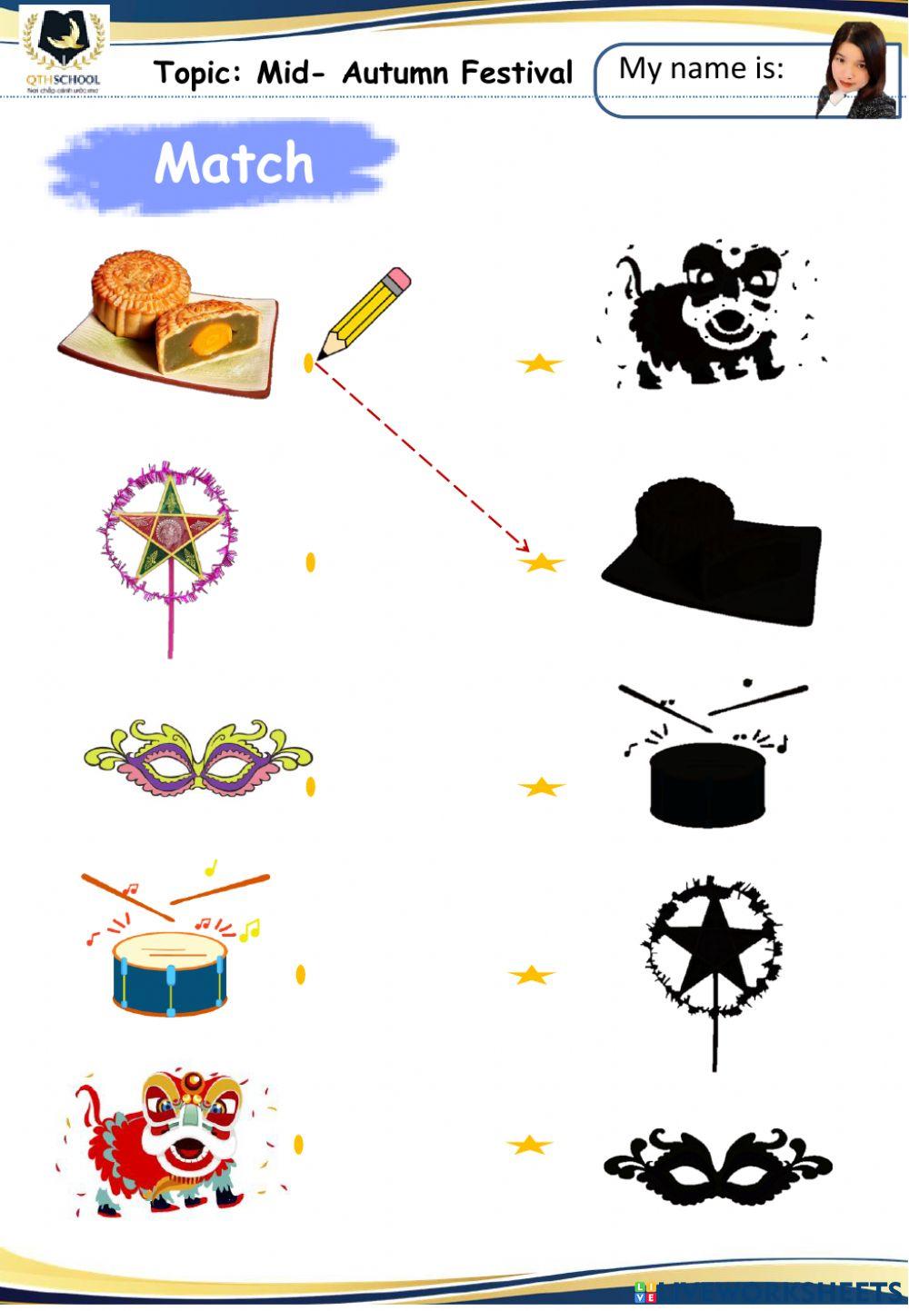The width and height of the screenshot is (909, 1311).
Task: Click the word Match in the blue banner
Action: tap(234, 164)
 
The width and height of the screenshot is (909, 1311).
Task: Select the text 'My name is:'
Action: tap(701, 68)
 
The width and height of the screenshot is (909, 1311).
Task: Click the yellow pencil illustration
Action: tap(364, 312)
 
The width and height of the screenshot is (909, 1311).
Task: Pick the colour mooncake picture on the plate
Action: tap(169, 323)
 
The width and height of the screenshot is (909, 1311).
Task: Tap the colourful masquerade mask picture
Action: tap(198, 758)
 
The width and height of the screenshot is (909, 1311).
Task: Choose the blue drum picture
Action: tap(170, 972)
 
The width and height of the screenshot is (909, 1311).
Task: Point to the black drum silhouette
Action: tap(708, 781)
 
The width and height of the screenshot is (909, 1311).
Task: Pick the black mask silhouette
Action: tap(718, 1165)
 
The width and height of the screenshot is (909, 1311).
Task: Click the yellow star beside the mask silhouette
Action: tap(530, 1145)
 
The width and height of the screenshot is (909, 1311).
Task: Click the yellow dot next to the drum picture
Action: tap(301, 974)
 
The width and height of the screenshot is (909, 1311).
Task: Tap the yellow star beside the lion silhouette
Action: tap(539, 363)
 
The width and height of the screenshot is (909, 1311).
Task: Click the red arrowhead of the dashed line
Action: tap(523, 547)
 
